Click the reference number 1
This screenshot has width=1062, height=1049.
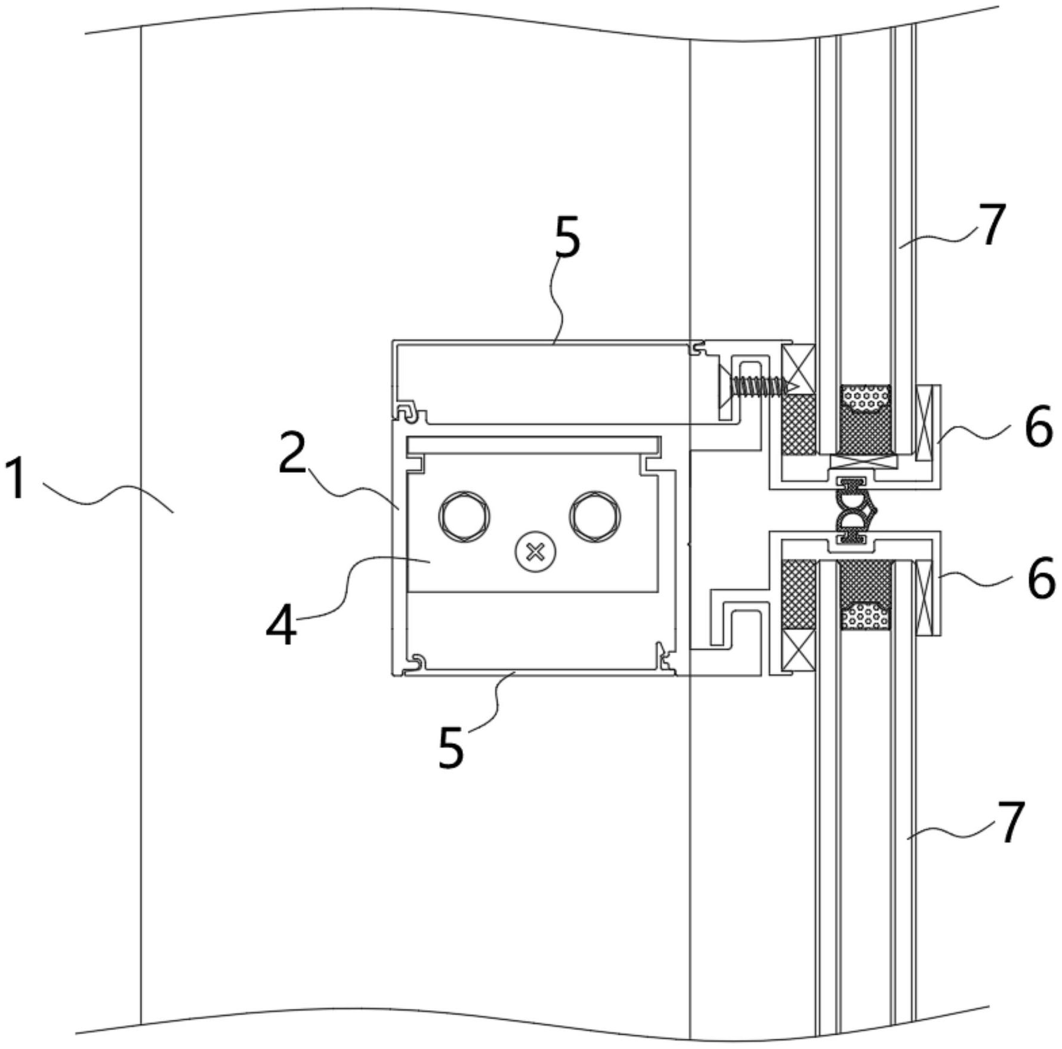click(x=14, y=477)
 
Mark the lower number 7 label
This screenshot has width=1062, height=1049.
click(x=1010, y=823)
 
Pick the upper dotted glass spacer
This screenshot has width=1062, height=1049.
click(x=866, y=398)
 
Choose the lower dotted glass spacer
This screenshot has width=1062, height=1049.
click(x=866, y=615)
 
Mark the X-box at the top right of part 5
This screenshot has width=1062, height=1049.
click(x=798, y=368)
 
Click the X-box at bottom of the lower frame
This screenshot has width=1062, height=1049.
click(x=798, y=650)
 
